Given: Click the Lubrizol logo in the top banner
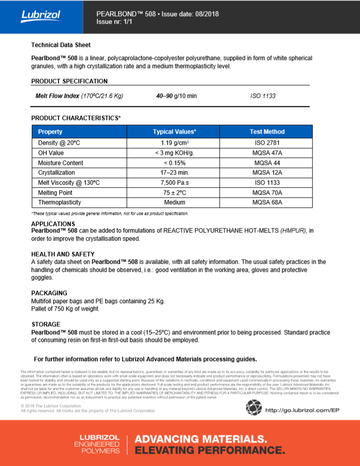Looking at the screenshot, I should (40, 16).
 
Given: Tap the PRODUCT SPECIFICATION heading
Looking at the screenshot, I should (70, 81).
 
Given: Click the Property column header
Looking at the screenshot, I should (50, 132).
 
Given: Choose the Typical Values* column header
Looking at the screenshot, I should (174, 132).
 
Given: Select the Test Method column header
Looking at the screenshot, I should (267, 132).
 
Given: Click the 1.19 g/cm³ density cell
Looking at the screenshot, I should (174, 143).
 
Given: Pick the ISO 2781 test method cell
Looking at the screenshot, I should (267, 143).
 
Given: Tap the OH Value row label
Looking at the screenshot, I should (51, 153).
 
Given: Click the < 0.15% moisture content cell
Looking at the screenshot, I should (174, 163).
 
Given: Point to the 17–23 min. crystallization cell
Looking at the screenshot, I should (174, 172).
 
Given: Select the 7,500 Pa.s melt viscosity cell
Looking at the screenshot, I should (174, 183).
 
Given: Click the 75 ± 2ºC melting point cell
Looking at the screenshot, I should (174, 193).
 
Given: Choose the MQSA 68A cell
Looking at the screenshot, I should (267, 202).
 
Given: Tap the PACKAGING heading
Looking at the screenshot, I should (49, 293).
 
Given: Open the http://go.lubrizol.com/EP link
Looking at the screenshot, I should (302, 410).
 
